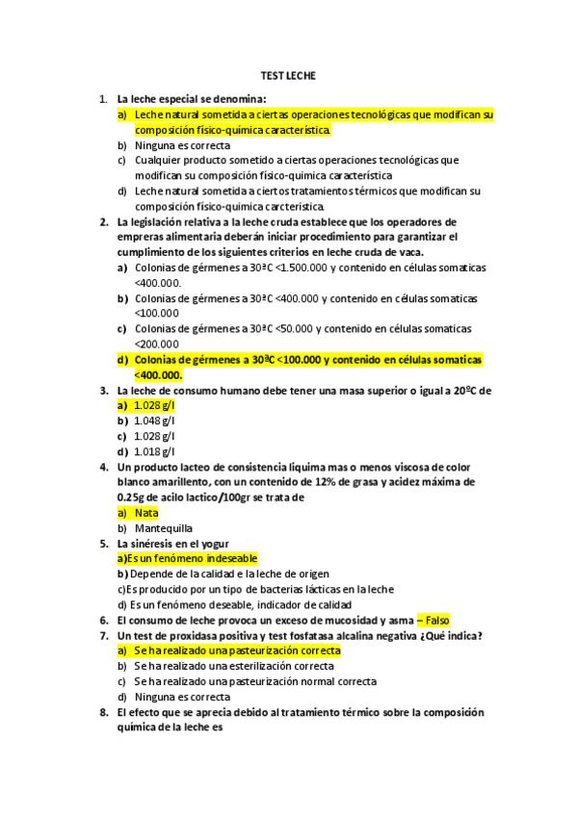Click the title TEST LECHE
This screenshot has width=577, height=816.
pos(288,75)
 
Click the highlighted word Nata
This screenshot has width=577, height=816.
pos(146,513)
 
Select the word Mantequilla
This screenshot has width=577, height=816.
pos(164,528)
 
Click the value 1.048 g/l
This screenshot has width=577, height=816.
pos(155,421)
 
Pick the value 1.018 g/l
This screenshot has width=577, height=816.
pos(155,451)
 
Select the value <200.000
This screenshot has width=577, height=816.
pos(157,344)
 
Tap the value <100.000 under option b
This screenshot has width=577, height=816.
pos(157,313)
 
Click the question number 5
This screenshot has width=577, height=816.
pos(103,544)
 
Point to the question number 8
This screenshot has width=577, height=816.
pos(103,713)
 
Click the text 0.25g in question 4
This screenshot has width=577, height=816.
pos(130,497)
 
